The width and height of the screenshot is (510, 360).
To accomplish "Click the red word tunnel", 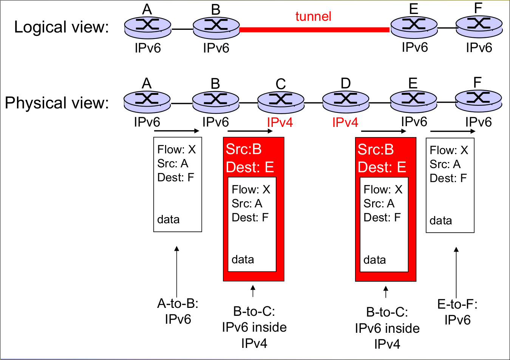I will pos(313,17).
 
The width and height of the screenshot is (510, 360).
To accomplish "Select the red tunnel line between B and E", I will pos(314,29).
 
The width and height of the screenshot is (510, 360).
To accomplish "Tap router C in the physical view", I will pos(281,101).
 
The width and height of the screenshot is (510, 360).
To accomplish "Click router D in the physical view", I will pos(346,101).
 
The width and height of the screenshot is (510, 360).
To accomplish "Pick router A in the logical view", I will pos(148,27).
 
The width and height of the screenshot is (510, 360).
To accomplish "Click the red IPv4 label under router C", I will pos(280,122).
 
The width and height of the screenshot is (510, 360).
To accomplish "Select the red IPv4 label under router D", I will pos(345,122).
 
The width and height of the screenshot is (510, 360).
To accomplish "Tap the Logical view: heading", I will pos(61,27).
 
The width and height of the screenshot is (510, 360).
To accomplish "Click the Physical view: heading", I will pos(57,103).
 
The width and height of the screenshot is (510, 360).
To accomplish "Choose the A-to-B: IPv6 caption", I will pos(178,311).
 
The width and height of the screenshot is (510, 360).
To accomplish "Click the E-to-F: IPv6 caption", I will pos(457,312).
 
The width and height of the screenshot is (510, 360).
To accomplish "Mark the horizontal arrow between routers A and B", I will pos(176,131).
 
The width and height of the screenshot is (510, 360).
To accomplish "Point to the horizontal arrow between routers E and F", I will pos(453,131).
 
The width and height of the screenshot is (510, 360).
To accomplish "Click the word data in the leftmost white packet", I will pos(168,219).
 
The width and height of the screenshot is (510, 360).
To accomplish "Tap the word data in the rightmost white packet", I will pos(440,221).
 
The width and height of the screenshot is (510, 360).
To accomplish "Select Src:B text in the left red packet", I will pos(244,150).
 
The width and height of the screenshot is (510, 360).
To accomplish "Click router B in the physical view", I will pos(216,101).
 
